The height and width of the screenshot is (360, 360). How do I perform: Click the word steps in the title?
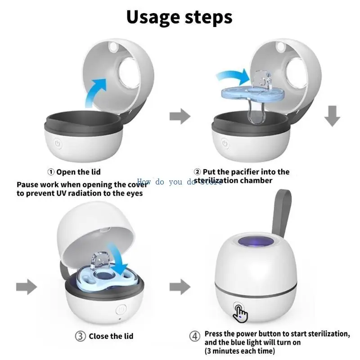click(x=206, y=17)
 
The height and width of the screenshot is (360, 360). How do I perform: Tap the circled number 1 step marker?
click(x=51, y=172)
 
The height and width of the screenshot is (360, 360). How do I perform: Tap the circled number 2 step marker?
click(x=197, y=172)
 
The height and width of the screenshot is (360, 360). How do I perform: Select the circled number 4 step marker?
click(x=195, y=336)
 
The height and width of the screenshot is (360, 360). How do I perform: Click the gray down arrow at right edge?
click(x=332, y=117)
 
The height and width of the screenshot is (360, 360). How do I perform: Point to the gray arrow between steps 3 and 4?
click(x=180, y=286)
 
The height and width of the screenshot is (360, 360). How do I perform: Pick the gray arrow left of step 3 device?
click(x=26, y=286)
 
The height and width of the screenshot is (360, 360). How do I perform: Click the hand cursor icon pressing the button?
click(x=241, y=313)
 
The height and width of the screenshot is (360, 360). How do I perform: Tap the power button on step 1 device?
click(x=58, y=144)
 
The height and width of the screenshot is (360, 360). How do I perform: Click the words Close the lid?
click(x=111, y=336)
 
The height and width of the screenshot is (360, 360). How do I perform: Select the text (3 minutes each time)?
click(x=239, y=351)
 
